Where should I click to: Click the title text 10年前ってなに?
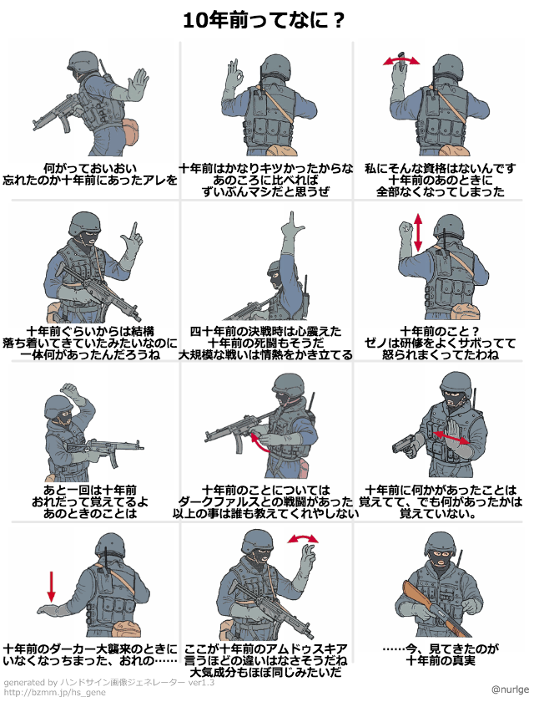pos(263,21)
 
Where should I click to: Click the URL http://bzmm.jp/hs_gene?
pos(55,693)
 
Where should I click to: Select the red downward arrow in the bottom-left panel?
pos(52,586)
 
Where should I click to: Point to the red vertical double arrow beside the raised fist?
pos(418,232)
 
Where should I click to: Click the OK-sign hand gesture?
pos(234,72)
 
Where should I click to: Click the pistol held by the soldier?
pos(405,445)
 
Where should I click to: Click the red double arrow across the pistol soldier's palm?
pos(451,437)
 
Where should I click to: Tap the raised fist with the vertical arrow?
pos(406,227)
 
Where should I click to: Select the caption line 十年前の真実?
pos(441,660)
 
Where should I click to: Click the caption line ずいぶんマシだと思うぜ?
pos(265,191)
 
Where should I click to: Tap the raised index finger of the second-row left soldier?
pos(133,231)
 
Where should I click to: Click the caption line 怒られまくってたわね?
pos(441,354)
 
